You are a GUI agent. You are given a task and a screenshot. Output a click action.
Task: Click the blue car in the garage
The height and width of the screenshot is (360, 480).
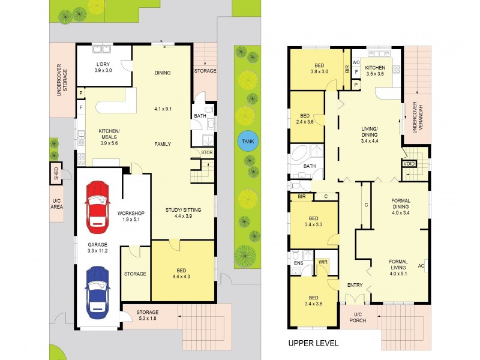98,293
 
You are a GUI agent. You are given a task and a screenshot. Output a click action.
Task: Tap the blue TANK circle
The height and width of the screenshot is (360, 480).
248,141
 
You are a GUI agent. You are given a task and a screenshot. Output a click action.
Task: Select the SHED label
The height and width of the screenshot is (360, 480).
56,173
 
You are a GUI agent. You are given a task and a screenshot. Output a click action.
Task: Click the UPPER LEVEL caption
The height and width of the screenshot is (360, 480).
313,343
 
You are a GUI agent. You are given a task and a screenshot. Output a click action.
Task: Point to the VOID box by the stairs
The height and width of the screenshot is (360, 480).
409,164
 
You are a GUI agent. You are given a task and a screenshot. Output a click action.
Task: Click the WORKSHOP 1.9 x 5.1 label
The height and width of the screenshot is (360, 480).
131,216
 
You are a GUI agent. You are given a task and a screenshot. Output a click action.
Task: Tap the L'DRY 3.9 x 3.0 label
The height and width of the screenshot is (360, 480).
103,67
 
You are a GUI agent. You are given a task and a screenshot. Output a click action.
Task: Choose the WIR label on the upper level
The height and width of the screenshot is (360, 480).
323,262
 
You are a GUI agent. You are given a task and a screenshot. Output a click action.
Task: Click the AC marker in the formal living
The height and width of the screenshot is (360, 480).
421,266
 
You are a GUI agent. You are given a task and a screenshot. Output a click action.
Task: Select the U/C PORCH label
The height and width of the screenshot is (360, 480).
358,317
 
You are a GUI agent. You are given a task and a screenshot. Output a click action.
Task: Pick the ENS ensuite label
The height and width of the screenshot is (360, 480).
298,263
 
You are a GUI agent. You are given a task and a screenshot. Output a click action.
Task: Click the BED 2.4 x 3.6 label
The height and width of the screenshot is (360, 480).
305,119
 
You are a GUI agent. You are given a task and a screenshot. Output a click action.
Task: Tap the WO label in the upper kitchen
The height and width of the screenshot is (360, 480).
356,62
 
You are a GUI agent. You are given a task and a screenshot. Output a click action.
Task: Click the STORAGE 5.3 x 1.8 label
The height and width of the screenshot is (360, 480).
148,315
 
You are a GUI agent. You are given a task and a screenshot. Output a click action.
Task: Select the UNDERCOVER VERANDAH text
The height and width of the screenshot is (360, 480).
418,118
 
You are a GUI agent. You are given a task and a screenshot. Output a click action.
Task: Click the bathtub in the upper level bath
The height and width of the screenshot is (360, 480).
299,153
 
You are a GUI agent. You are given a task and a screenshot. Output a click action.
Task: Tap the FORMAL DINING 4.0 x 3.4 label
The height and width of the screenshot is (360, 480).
401,206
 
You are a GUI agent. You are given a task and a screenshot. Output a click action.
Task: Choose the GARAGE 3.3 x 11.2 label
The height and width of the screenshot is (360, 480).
98,248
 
